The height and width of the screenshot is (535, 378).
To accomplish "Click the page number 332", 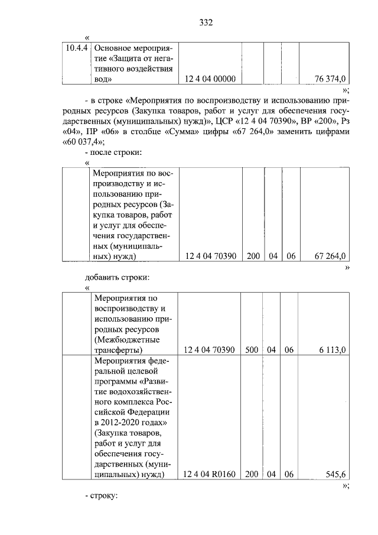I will (x=206, y=23).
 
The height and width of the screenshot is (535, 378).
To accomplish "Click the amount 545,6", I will (x=335, y=474).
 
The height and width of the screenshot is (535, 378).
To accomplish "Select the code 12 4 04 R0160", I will (x=210, y=474).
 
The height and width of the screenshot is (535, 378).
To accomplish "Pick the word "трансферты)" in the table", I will (x=119, y=350).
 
